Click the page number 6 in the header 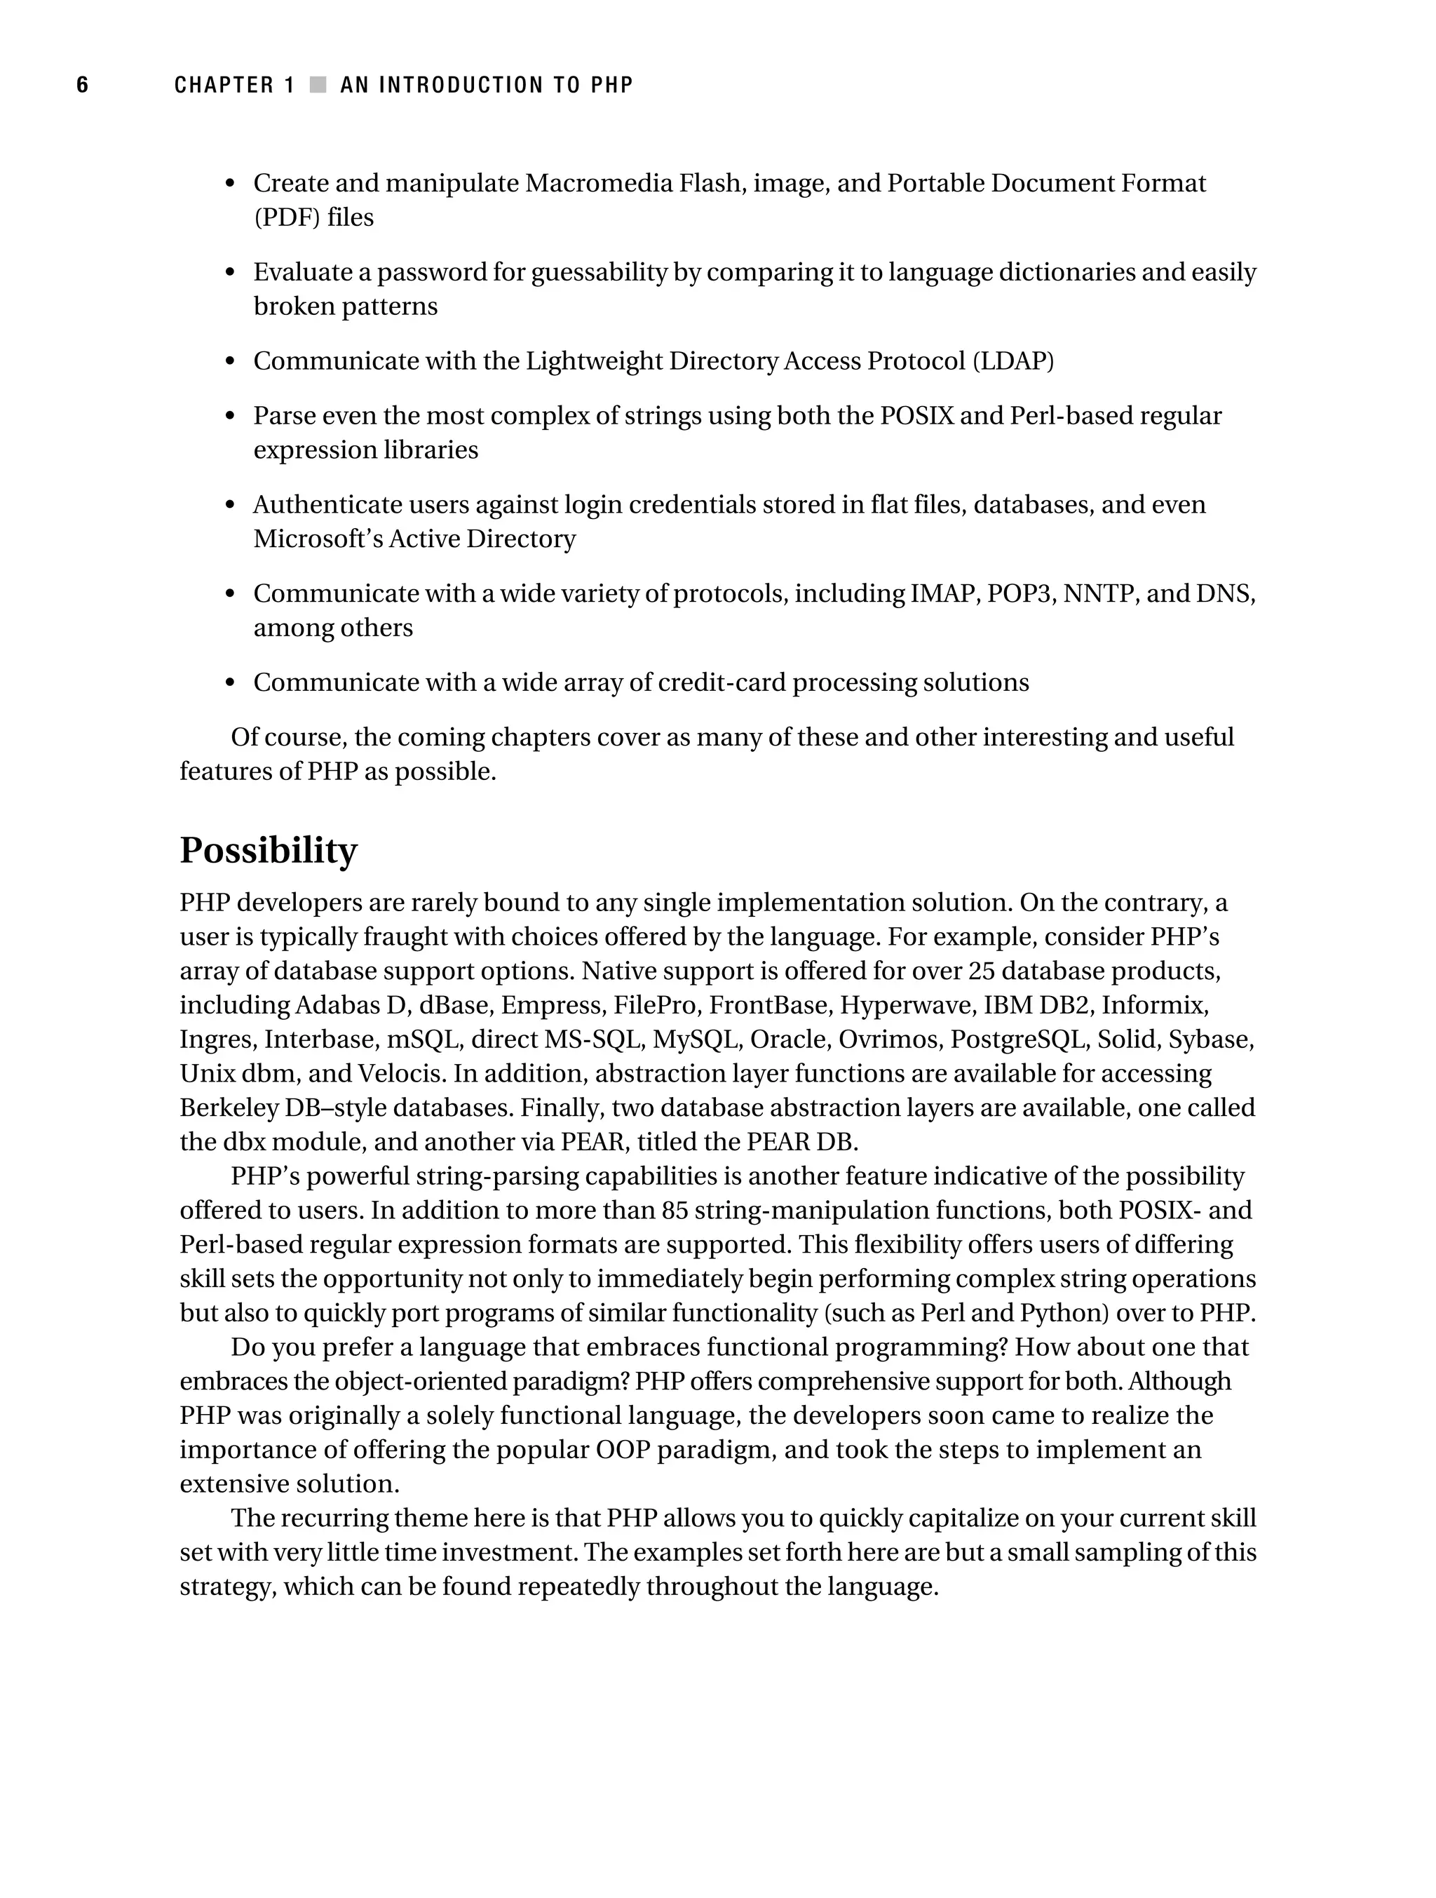point(82,85)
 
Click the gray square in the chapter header point(318,85)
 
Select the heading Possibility point(268,850)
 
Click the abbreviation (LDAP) point(1012,361)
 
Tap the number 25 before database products point(980,971)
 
